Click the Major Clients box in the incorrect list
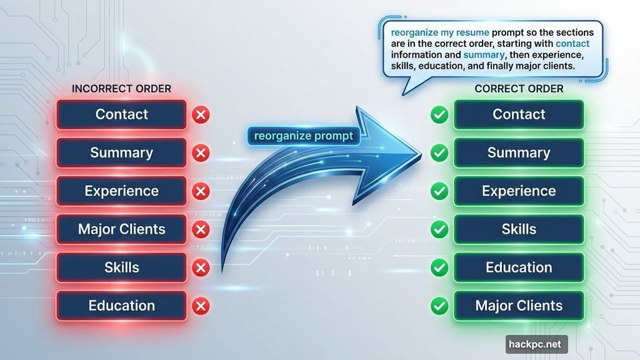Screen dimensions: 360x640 [121, 229]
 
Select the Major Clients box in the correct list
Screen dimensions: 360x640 [519, 306]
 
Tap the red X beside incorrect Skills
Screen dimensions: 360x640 [201, 268]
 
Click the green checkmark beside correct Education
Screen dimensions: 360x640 [440, 268]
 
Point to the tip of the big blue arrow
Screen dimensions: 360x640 [415, 150]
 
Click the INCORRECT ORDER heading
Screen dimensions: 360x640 [121, 89]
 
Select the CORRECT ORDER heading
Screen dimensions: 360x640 [519, 89]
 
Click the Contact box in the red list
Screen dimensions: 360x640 [121, 114]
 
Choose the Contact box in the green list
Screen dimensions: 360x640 [519, 114]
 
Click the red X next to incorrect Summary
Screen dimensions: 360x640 [201, 153]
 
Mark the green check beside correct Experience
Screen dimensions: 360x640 [440, 191]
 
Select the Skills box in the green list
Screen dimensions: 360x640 [519, 229]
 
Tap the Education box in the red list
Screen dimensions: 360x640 [121, 306]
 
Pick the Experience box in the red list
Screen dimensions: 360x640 [121, 191]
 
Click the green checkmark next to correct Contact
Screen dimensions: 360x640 [440, 115]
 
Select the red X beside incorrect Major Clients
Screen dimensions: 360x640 [201, 230]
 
